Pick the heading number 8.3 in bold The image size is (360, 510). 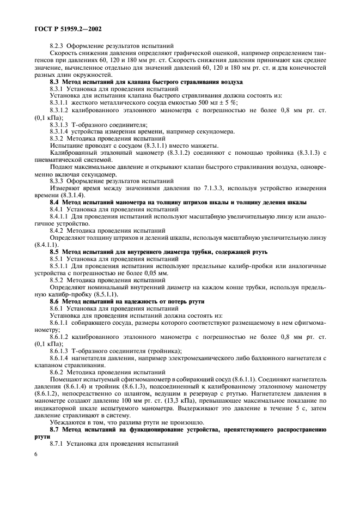point(56,81)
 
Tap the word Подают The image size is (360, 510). point(62,167)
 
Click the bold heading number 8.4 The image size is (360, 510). point(56,202)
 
